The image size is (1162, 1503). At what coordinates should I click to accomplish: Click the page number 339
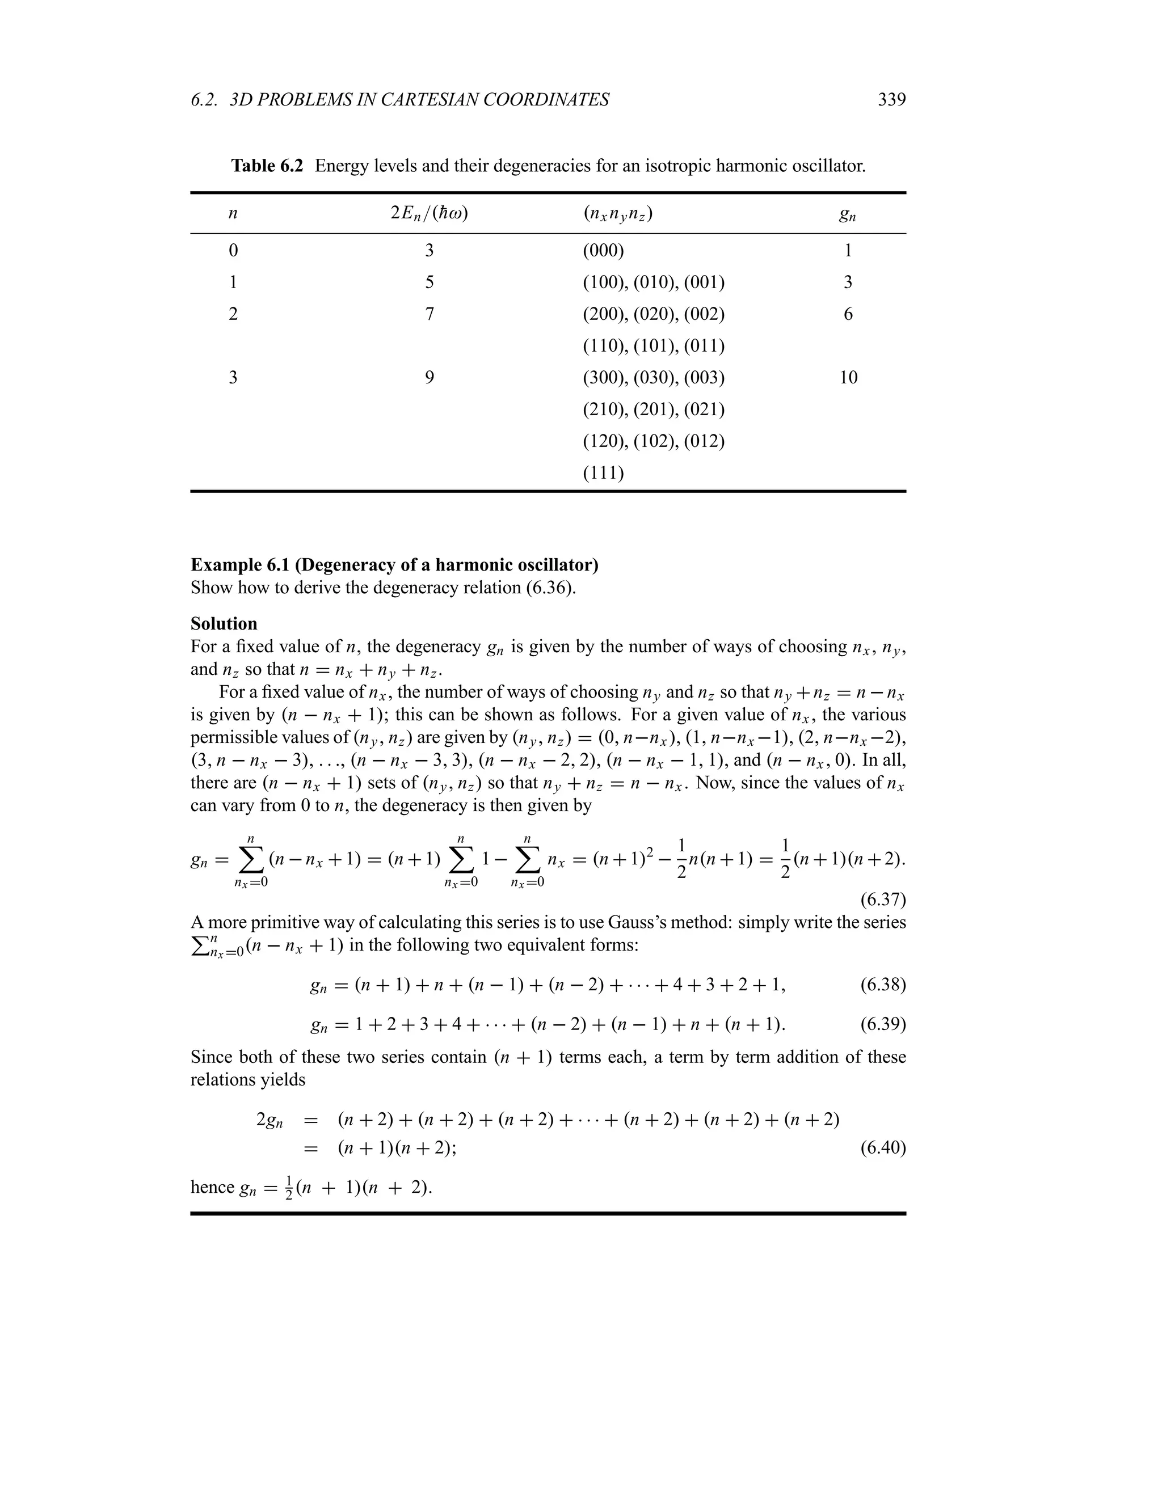[891, 100]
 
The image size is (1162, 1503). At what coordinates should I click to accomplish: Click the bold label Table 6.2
[267, 166]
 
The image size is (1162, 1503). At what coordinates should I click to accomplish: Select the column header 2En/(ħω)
[429, 213]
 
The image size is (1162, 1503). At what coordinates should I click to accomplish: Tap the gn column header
[848, 215]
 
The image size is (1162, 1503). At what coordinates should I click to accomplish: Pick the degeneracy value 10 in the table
[848, 377]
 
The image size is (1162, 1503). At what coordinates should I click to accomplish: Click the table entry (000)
[603, 251]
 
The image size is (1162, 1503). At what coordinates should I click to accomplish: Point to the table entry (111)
[603, 473]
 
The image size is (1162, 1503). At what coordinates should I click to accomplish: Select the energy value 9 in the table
[429, 377]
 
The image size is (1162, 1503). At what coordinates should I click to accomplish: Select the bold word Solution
[224, 623]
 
